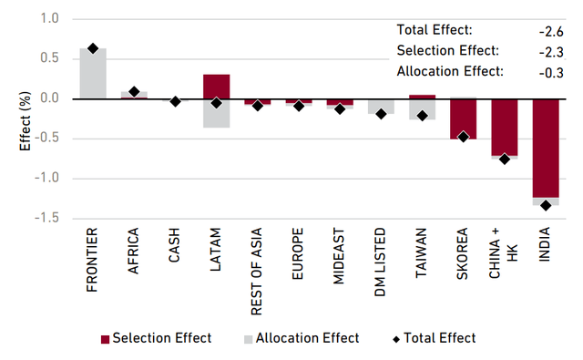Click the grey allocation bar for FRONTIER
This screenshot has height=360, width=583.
pos(92,73)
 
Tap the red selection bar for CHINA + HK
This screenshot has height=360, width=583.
pos(504,127)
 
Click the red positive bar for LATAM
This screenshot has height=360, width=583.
pos(216,87)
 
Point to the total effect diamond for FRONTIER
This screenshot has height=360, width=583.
pos(92,48)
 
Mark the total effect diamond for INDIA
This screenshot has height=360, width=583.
pos(546,205)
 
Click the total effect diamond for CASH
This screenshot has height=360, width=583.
pos(175,101)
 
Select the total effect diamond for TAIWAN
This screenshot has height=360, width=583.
pos(422,116)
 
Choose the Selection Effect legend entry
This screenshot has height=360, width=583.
pos(156,338)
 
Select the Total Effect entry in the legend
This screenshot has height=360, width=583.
pos(434,338)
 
